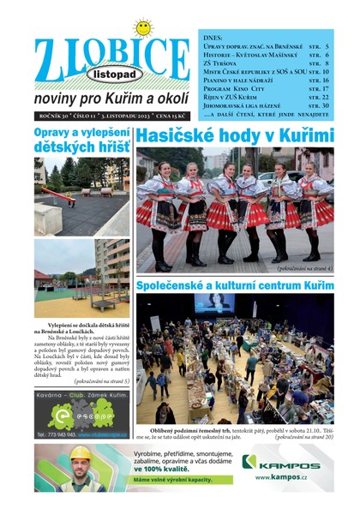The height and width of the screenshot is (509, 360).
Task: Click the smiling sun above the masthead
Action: pos(143,27)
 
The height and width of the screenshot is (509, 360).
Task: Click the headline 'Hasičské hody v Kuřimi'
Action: pos(235,135)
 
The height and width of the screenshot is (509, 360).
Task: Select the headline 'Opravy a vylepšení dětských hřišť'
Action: pos(82,141)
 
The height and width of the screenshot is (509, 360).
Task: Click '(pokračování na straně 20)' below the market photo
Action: pos(303,437)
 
